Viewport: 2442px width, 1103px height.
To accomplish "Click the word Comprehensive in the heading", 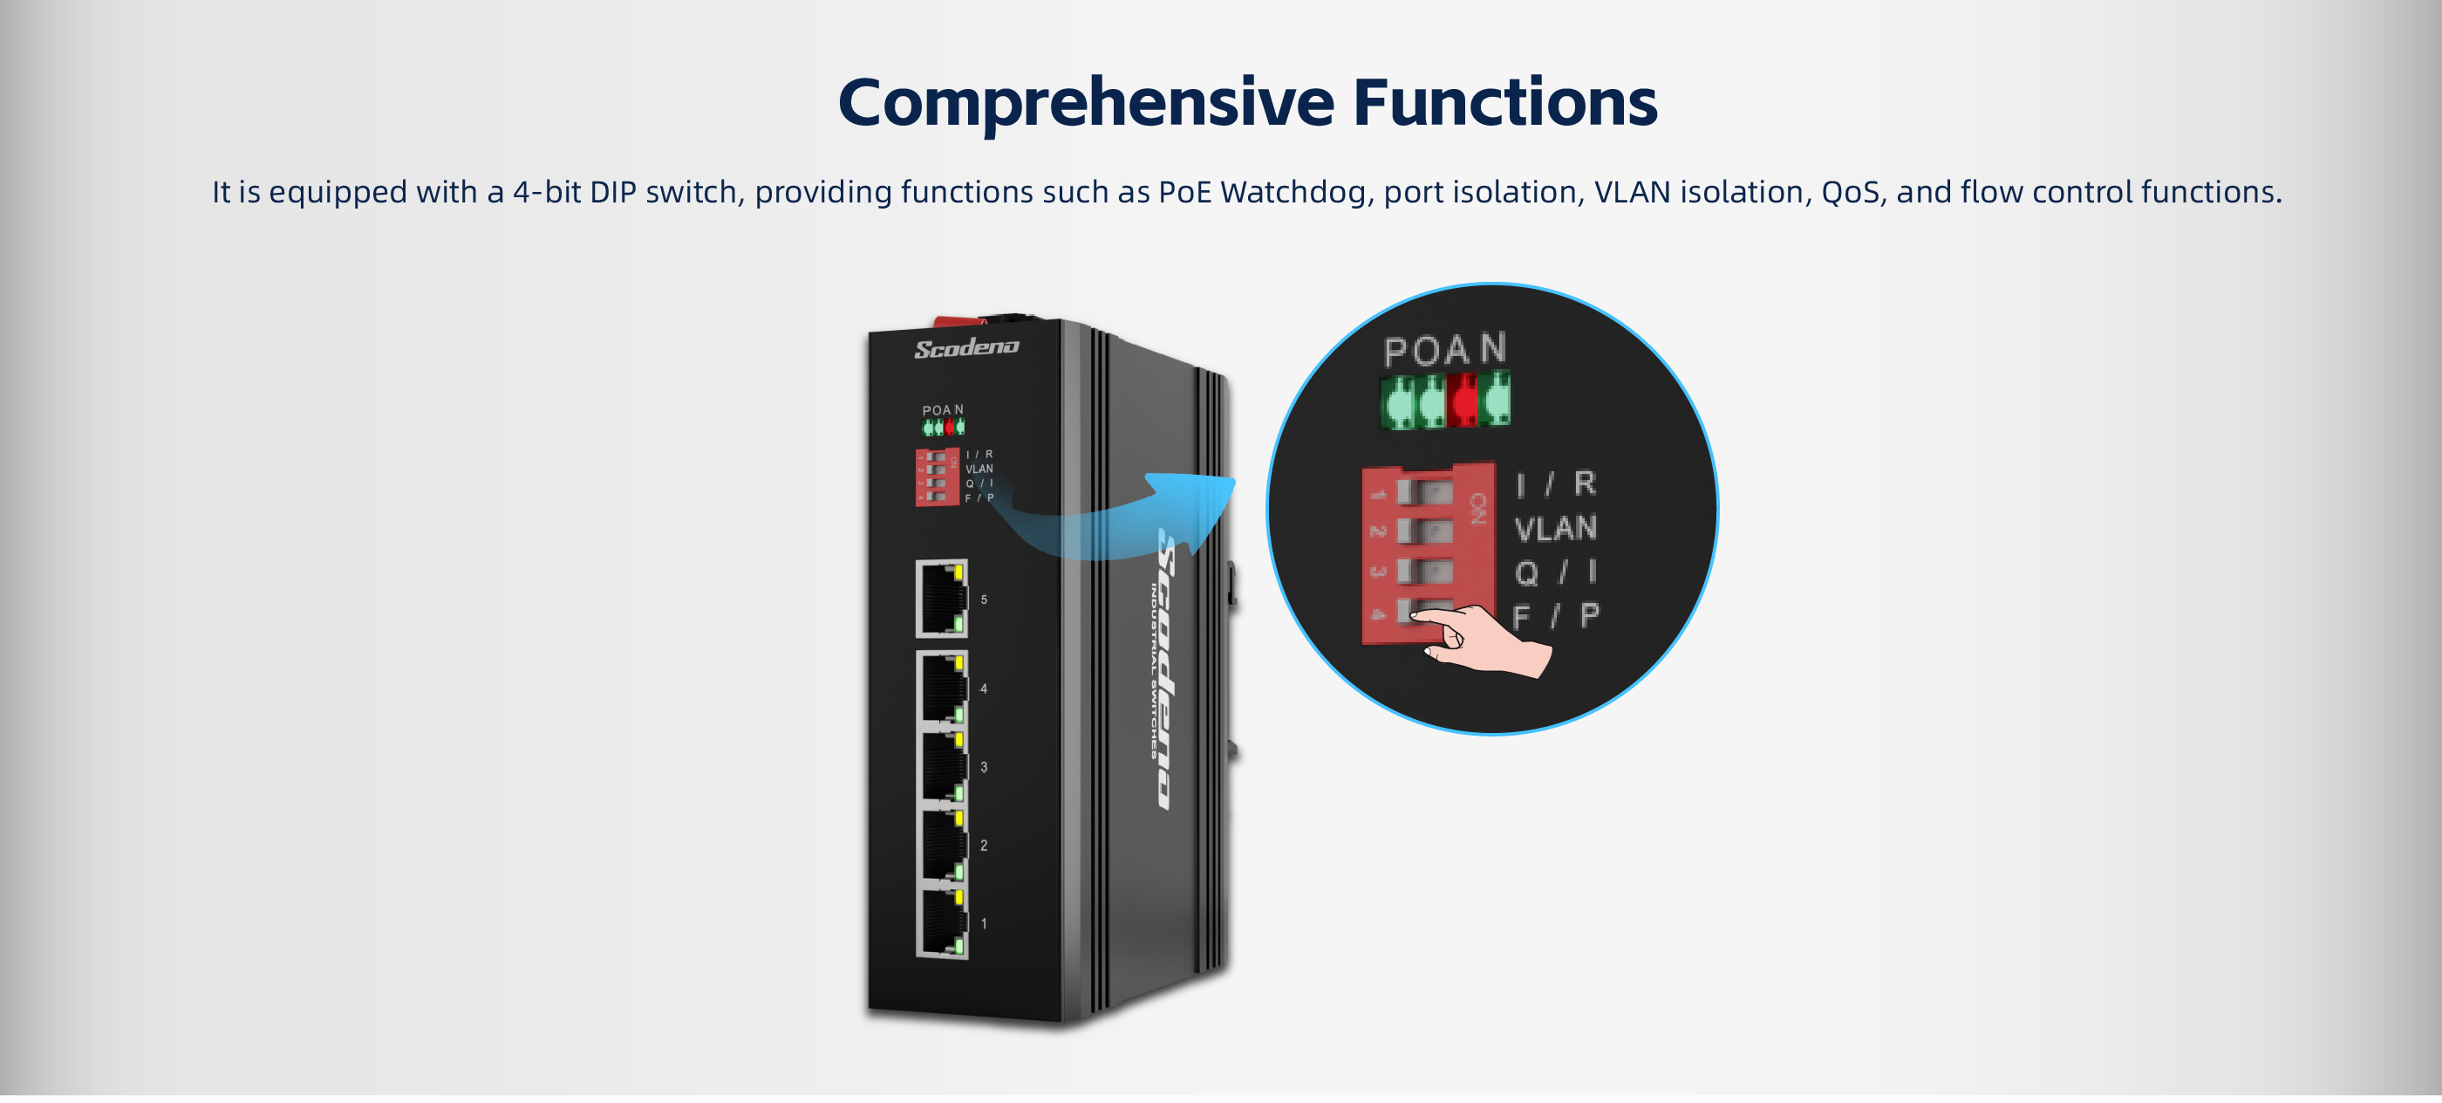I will (x=1086, y=102).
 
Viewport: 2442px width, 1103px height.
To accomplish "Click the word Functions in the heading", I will (x=1504, y=102).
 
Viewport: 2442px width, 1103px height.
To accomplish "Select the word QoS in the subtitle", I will (x=1850, y=193).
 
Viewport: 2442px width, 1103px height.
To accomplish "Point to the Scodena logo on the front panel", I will (x=966, y=348).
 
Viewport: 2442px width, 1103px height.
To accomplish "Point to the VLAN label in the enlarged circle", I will (x=1555, y=528).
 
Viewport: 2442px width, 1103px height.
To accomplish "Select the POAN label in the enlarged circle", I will (x=1443, y=350).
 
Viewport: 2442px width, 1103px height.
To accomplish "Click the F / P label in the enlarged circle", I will (x=1555, y=616).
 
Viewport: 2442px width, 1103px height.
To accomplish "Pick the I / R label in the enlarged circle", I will (x=1555, y=484).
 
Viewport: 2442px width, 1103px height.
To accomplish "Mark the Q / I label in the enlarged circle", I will (x=1555, y=572).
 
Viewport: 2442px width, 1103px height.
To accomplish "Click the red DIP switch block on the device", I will (x=936, y=477).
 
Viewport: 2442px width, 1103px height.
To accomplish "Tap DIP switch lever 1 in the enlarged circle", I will (x=1423, y=491).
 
